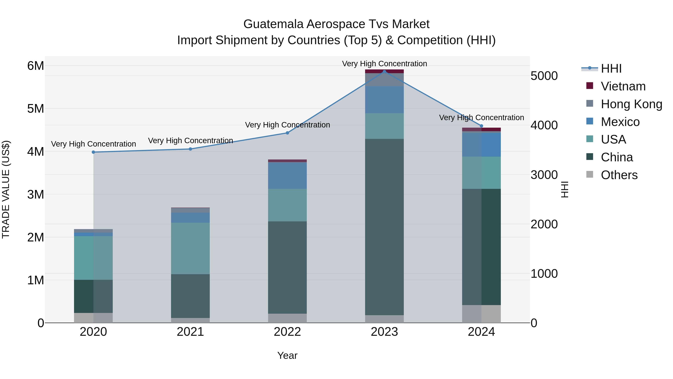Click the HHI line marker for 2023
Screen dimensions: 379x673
[x=384, y=71]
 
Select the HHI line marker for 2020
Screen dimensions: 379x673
[x=93, y=152]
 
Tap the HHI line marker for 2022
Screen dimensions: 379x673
[x=287, y=133]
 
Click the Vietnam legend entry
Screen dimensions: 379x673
[x=623, y=86]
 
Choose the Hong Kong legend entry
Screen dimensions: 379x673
[x=631, y=104]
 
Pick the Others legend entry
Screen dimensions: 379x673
[x=619, y=175]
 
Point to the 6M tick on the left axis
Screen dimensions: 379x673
[x=36, y=66]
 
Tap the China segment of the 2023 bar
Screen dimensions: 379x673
[x=384, y=227]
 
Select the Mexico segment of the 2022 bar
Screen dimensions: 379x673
[x=287, y=176]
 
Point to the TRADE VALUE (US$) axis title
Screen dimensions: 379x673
[x=6, y=189]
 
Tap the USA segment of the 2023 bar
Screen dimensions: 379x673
[x=384, y=126]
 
